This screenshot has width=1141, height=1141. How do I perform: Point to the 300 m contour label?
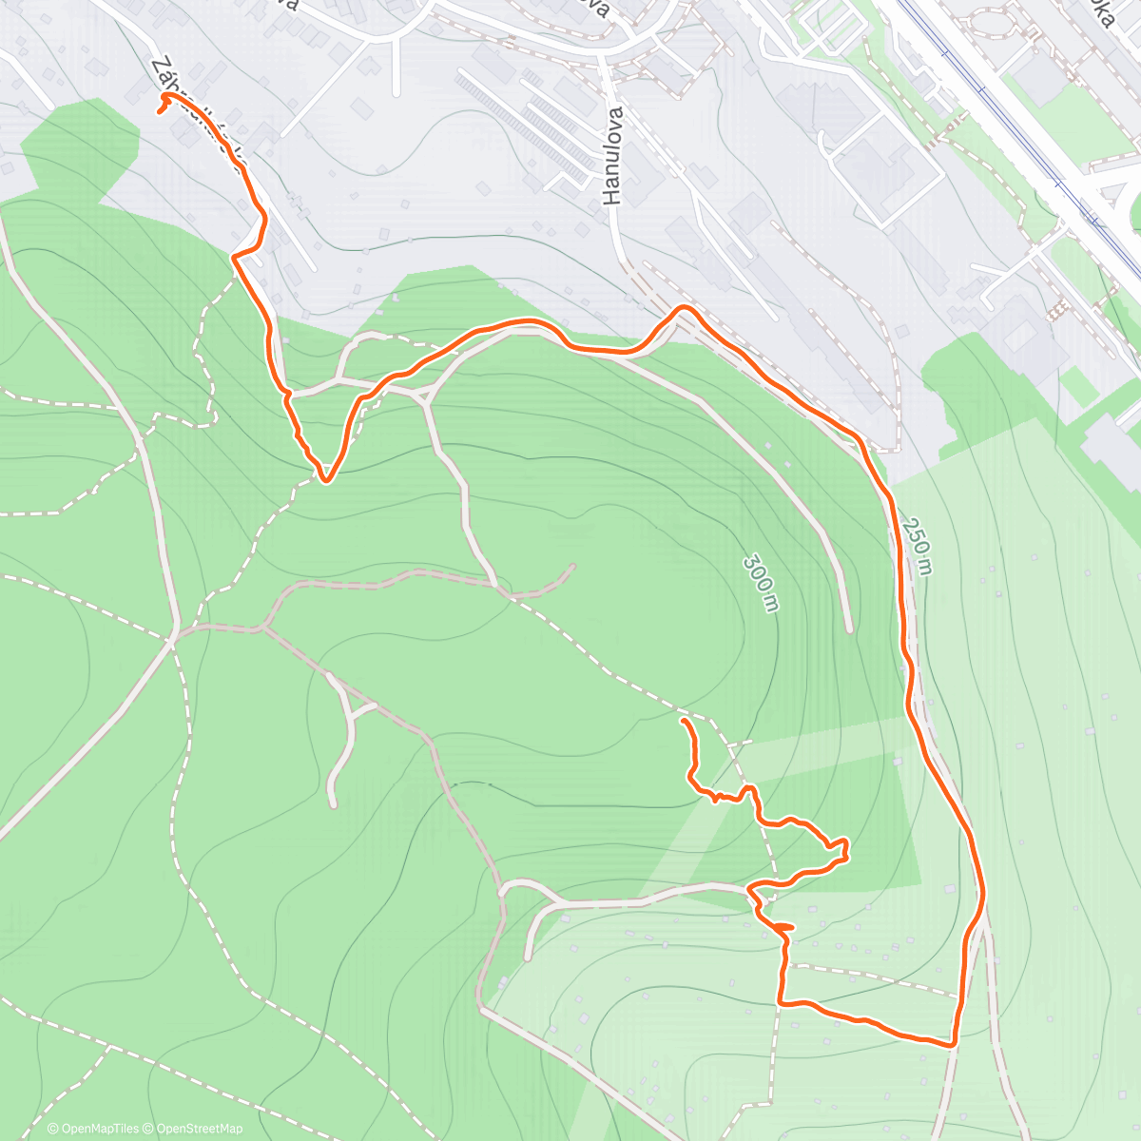click(x=761, y=583)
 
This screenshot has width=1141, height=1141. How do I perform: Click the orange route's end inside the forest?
click(x=683, y=723)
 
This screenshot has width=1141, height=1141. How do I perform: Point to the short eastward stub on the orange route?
click(x=785, y=926)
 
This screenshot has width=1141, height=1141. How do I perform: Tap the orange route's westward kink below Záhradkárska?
click(x=236, y=255)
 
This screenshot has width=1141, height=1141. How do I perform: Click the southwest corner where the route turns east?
click(x=782, y=1001)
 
